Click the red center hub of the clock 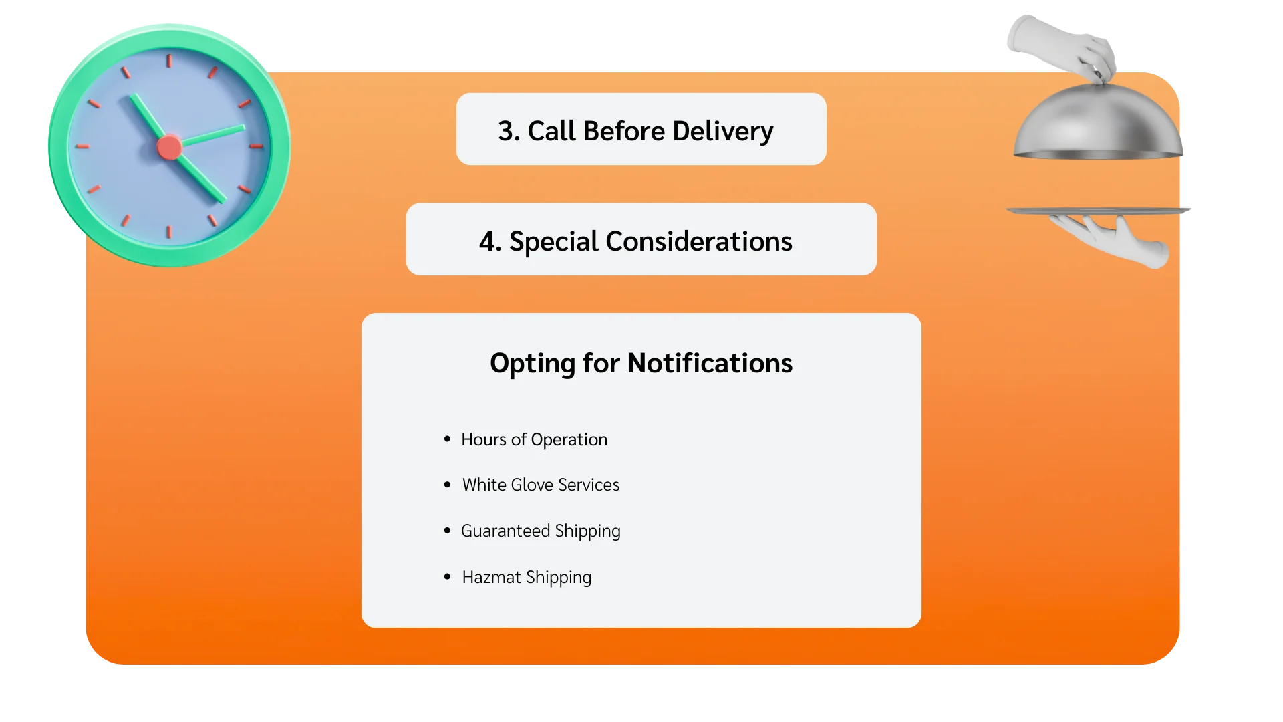coord(169,148)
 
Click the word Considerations coord(698,241)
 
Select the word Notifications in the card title coord(710,363)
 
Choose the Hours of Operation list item coord(534,439)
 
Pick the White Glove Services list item coord(541,485)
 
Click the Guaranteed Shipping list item coord(541,531)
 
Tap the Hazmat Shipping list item coord(527,577)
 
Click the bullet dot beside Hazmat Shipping coord(447,576)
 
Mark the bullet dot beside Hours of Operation coord(447,439)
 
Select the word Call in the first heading coord(551,131)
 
